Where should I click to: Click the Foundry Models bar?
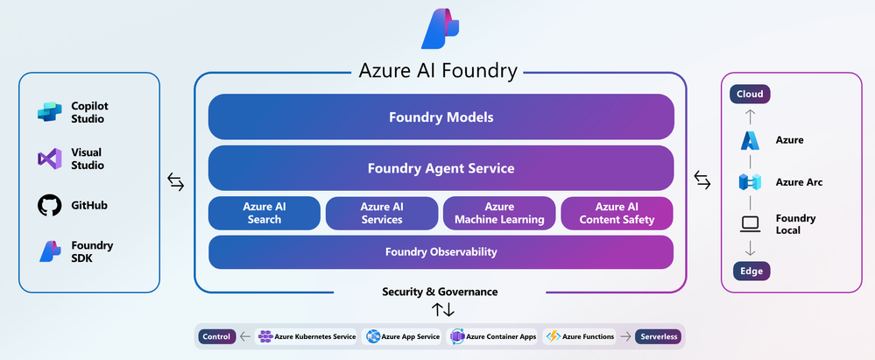click(x=441, y=116)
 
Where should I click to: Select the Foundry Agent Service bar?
click(x=441, y=168)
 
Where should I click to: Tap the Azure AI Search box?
click(x=264, y=213)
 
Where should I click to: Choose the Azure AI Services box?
click(x=381, y=213)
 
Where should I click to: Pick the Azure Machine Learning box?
click(x=499, y=213)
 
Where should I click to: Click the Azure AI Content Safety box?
click(x=617, y=213)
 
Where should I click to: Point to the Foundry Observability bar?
click(x=441, y=252)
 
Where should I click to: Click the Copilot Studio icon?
click(x=49, y=112)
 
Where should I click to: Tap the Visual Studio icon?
click(x=49, y=159)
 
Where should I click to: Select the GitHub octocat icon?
click(x=49, y=205)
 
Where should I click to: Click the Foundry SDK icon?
click(x=49, y=251)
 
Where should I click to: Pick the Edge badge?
click(x=750, y=272)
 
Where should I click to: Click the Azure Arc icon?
click(x=750, y=182)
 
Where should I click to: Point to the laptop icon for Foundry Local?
click(x=750, y=224)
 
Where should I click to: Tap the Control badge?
click(x=216, y=336)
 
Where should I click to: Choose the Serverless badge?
click(x=659, y=336)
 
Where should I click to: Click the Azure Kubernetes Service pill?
click(x=306, y=336)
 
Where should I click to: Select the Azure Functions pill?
click(x=579, y=336)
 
